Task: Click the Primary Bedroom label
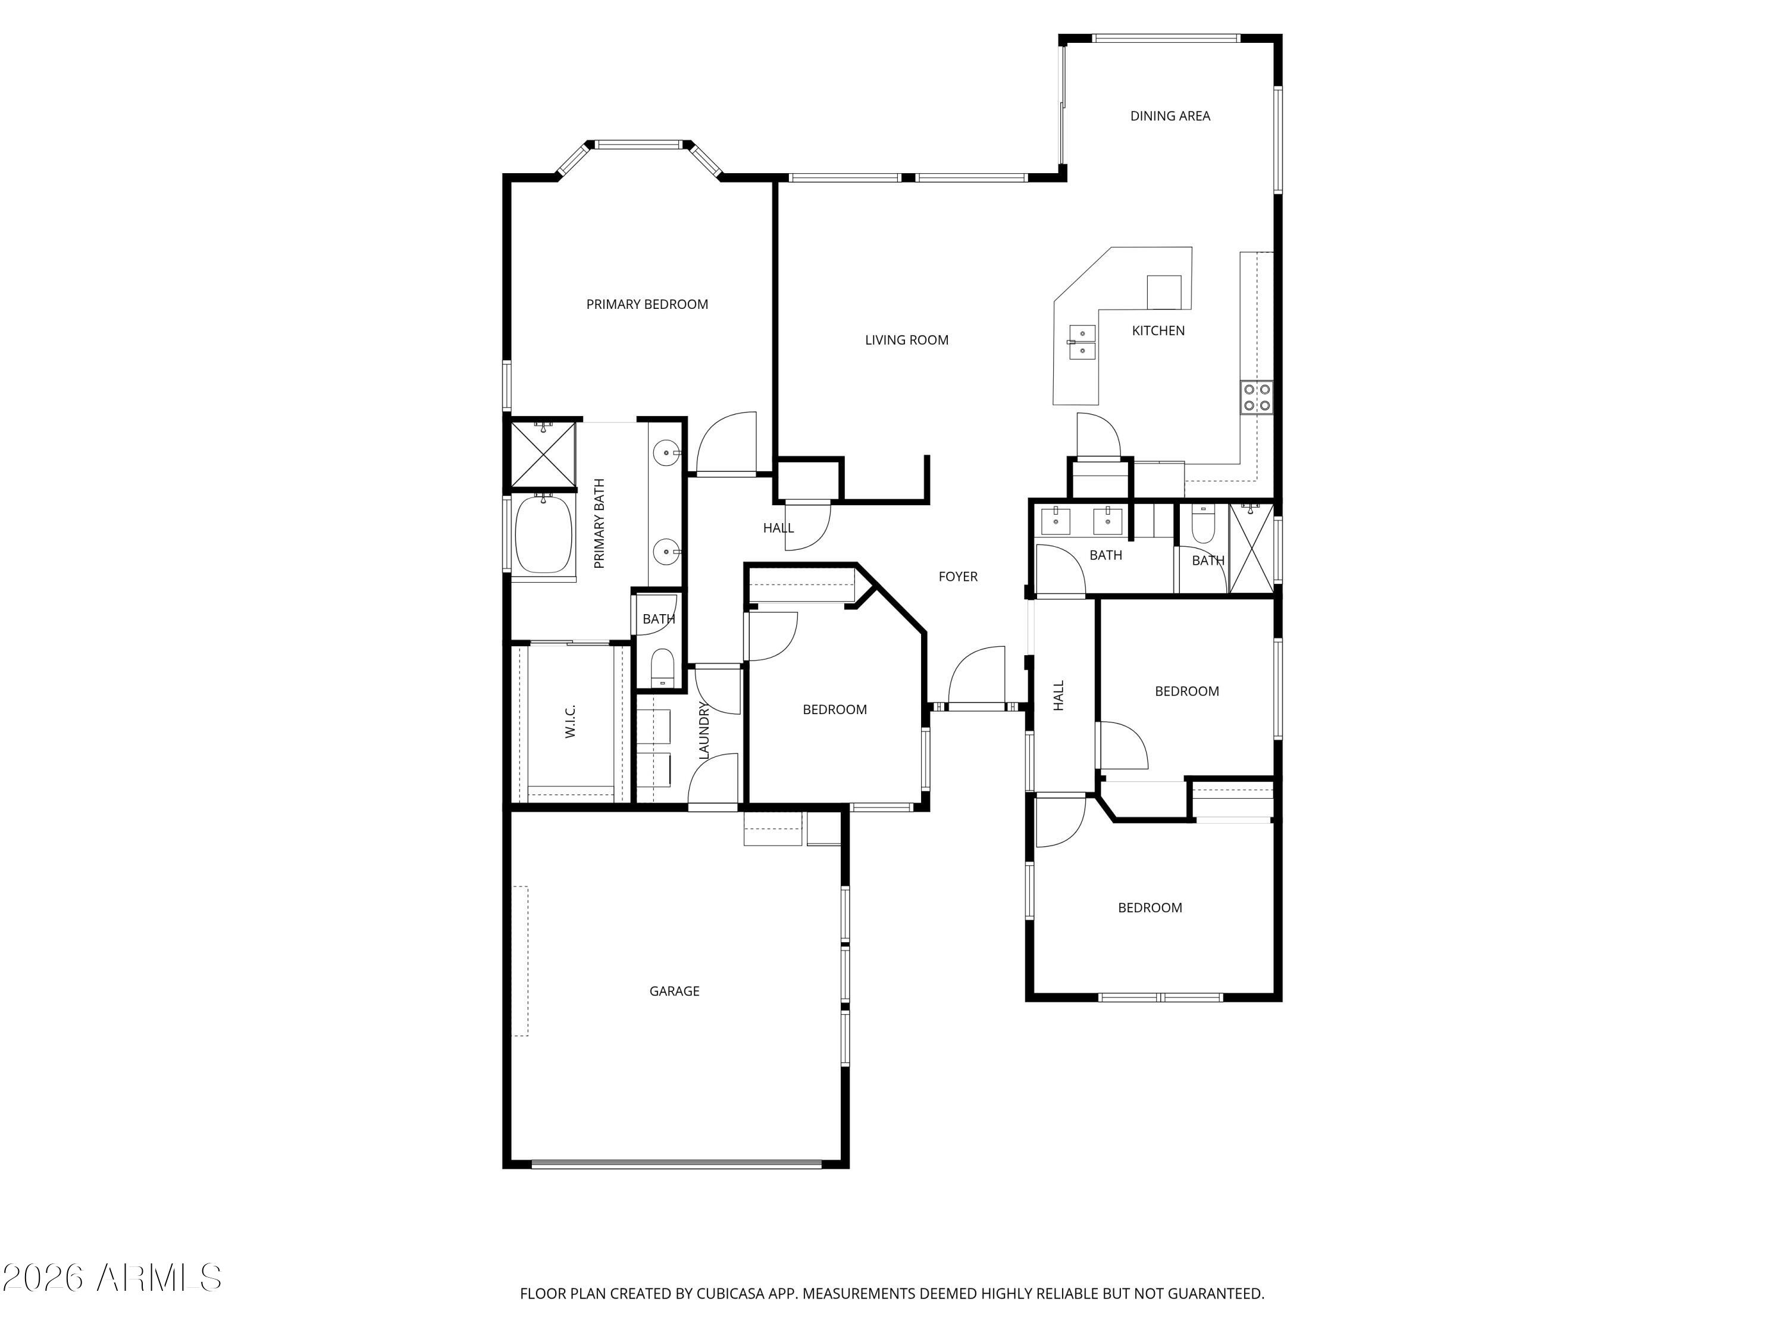tap(647, 304)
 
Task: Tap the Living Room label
tap(906, 340)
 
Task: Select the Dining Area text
tap(1170, 116)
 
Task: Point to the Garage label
tap(675, 991)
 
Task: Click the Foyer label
tap(958, 576)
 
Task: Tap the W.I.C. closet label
tap(570, 721)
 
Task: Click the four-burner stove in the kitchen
tap(1257, 397)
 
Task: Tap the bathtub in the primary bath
tap(543, 534)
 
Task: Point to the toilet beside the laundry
tap(662, 668)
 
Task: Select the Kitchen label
tap(1158, 330)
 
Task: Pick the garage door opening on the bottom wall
tap(677, 1164)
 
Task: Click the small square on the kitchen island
tap(1164, 292)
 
